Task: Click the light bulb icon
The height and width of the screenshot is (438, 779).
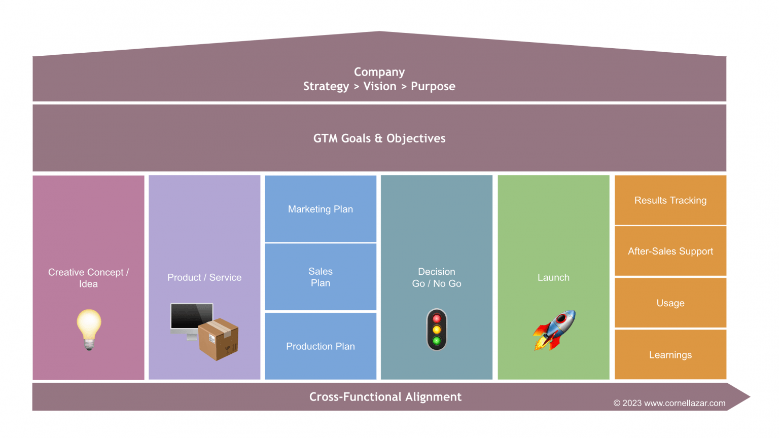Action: pos(89,329)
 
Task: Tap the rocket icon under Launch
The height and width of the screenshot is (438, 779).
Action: pos(554,330)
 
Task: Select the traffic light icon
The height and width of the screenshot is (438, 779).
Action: pos(437,330)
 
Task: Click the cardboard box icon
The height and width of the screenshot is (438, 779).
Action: pos(219,339)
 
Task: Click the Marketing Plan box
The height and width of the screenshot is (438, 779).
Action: pos(321,209)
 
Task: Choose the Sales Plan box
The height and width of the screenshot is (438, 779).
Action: pos(321,277)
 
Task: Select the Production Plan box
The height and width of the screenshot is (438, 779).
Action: pos(321,346)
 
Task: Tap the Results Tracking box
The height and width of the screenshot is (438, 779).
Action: pos(670,200)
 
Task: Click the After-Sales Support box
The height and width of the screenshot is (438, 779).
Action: pos(670,251)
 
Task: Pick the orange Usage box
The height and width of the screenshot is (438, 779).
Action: pos(670,303)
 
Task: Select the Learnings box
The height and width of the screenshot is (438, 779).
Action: pos(670,355)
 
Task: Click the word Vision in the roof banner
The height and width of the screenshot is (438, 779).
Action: pos(380,86)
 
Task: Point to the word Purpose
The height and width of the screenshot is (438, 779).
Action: pos(433,86)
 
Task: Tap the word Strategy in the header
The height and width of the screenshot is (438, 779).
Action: pos(326,86)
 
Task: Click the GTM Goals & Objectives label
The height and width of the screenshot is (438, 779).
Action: pos(379,138)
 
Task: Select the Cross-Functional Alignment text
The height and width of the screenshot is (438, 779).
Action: pos(385,397)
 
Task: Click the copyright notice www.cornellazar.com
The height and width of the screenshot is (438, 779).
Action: pos(669,403)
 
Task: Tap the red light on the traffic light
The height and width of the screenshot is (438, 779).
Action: pos(437,319)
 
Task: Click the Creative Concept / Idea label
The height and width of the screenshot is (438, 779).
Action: pos(88,278)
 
